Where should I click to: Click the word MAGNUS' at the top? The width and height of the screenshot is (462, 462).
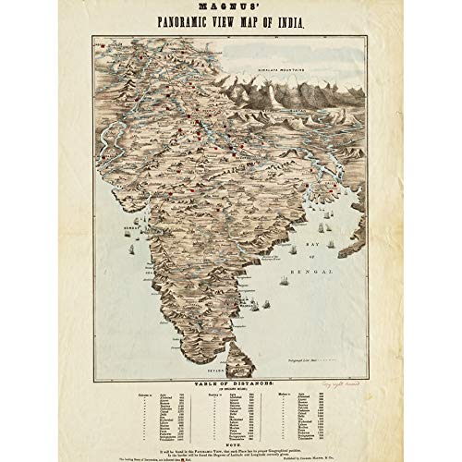[x=230, y=12]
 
